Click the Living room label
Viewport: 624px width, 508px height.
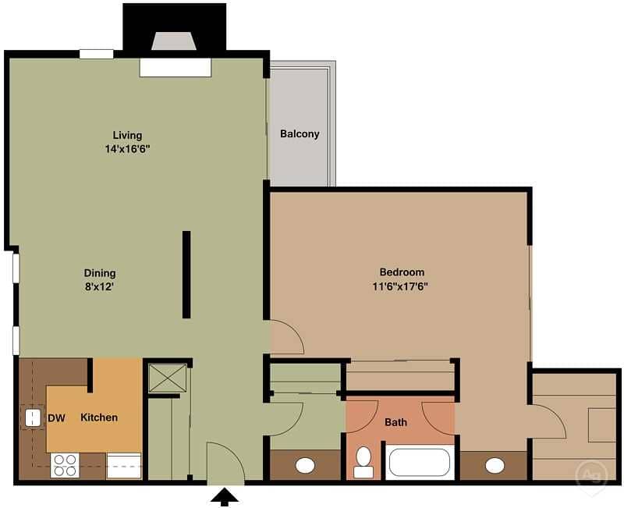point(127,135)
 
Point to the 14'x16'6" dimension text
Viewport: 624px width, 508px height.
point(127,148)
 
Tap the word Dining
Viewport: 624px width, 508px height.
point(100,273)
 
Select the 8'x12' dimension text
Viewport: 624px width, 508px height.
point(100,286)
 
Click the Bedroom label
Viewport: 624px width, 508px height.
point(402,272)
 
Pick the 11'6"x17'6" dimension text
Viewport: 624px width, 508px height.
point(402,286)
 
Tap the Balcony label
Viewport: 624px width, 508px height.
point(300,133)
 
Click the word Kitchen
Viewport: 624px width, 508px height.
point(99,417)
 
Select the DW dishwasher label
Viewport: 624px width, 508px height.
point(56,418)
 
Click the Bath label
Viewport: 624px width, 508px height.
point(395,423)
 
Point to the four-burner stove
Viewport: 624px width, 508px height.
point(65,465)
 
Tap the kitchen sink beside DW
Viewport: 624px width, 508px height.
point(33,417)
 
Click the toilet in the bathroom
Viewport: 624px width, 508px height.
point(363,461)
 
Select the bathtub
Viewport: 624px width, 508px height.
point(420,462)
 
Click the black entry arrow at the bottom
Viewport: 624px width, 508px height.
point(225,497)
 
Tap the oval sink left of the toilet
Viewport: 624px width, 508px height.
point(305,466)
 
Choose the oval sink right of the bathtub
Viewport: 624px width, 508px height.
point(495,466)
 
